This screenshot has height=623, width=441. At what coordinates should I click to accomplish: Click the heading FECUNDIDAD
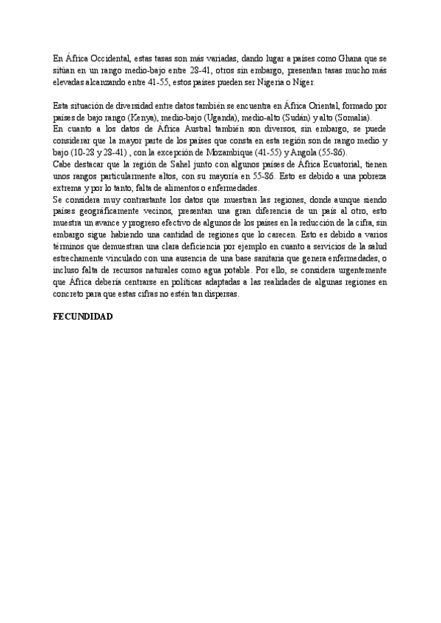tap(83, 316)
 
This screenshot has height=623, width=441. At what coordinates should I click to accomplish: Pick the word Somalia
tap(354, 118)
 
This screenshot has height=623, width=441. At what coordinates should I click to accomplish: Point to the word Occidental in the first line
tap(109, 57)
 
